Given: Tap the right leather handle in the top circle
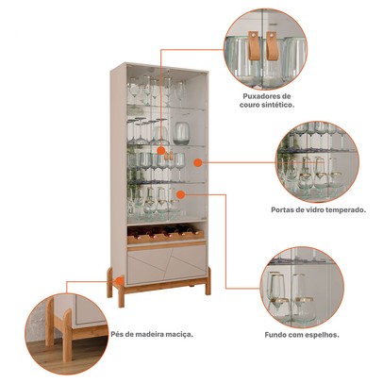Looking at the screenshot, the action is pyautogui.click(x=271, y=45).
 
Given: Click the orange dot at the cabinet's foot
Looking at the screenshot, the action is pyautogui.click(x=120, y=280).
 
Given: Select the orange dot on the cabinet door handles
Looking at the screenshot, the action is pyautogui.click(x=160, y=151).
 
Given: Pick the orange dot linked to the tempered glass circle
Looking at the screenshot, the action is pyautogui.click(x=197, y=162).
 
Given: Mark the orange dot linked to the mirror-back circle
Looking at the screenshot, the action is pyautogui.click(x=180, y=194).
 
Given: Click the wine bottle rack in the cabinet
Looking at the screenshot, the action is pyautogui.click(x=165, y=234).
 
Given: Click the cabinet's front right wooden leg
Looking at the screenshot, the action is pyautogui.click(x=208, y=281).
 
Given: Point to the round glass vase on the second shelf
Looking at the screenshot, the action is pyautogui.click(x=181, y=134).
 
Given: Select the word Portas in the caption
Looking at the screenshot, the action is pyautogui.click(x=282, y=209).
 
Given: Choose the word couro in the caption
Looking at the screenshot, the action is pyautogui.click(x=250, y=105).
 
